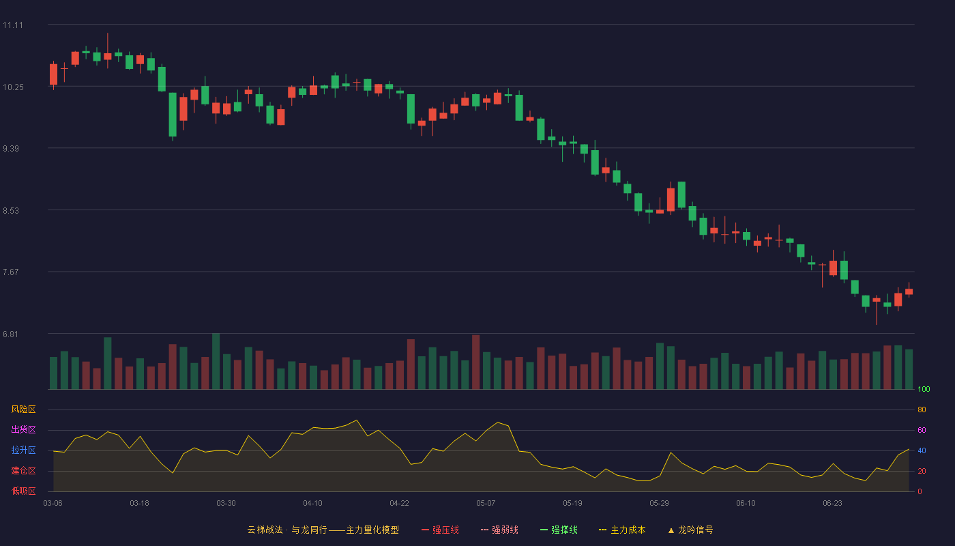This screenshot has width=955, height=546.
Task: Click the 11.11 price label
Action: coord(13,25)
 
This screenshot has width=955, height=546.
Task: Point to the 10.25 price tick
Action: coord(13,87)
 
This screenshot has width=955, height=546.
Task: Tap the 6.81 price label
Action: coord(11,334)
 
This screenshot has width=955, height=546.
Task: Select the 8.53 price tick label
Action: coord(11,211)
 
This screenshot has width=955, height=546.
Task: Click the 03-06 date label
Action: coord(53,504)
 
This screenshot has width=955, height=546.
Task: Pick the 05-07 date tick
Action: coord(486,504)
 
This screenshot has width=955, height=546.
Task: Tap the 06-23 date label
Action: coord(832,504)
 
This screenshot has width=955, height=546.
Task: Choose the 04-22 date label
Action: coord(399,504)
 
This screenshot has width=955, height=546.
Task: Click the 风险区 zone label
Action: coord(23,409)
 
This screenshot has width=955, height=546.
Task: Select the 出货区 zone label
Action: coord(23,429)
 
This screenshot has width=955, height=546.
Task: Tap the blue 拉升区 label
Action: coord(23,450)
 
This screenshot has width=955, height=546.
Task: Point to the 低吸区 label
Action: coord(23,491)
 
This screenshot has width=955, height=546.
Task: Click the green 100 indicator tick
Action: coord(924,389)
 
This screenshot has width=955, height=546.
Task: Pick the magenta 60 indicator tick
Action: coord(922,430)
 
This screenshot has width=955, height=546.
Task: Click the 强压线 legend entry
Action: coord(440,530)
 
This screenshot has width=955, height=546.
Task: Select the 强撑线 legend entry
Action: coord(559,530)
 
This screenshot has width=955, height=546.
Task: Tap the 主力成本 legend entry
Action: coord(622,530)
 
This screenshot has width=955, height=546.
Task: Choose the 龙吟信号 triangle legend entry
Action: coord(690,530)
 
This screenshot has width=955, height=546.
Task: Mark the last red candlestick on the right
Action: coord(909,291)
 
